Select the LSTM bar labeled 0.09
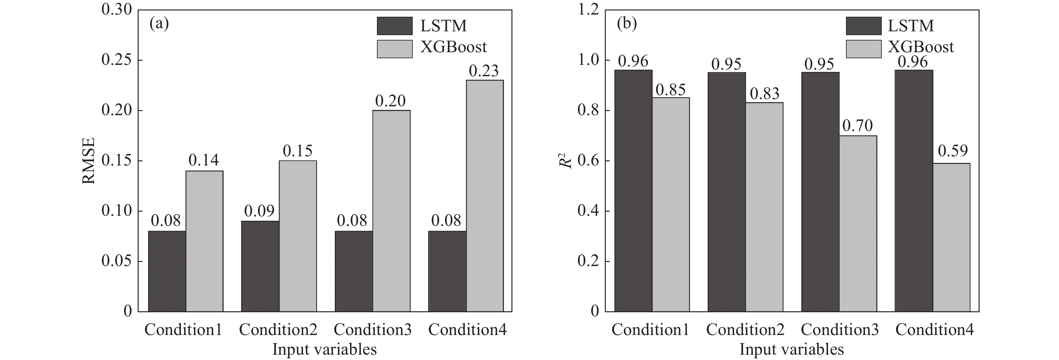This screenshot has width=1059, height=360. (260, 266)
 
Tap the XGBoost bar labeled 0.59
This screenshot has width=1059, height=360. (951, 237)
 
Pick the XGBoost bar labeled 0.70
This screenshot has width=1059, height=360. (858, 224)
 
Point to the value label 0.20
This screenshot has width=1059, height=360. (390, 101)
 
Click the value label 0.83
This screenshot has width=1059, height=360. (764, 94)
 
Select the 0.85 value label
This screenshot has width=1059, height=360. (671, 90)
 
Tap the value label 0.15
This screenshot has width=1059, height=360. (297, 151)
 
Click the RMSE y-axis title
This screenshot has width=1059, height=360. (89, 161)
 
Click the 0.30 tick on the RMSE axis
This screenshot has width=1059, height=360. (117, 10)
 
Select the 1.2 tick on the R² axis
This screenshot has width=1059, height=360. (588, 10)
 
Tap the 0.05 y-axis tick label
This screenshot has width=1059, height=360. (117, 261)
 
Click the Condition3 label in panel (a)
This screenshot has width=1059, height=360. (373, 330)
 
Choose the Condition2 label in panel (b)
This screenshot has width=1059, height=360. (745, 330)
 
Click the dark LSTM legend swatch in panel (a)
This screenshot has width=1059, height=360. (395, 26)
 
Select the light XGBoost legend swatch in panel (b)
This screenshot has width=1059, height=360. (863, 49)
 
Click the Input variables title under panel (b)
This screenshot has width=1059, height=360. (791, 349)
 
